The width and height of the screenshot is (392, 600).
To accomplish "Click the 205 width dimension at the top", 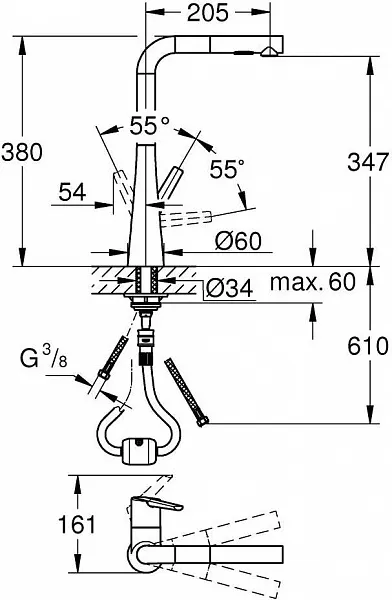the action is click(x=208, y=13).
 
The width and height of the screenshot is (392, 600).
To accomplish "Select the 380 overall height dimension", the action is click(x=21, y=152).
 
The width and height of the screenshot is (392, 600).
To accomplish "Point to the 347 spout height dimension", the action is click(x=368, y=161).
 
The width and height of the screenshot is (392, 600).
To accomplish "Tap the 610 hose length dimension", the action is click(x=368, y=346).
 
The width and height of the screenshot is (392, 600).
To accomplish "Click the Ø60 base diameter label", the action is click(x=238, y=241).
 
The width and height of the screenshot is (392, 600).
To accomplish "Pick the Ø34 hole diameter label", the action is click(x=230, y=289).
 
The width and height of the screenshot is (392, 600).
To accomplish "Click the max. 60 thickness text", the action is click(x=313, y=282).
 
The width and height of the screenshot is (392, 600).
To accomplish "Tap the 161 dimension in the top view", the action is click(x=77, y=524).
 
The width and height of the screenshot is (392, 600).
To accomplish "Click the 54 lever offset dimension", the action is click(x=72, y=192).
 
